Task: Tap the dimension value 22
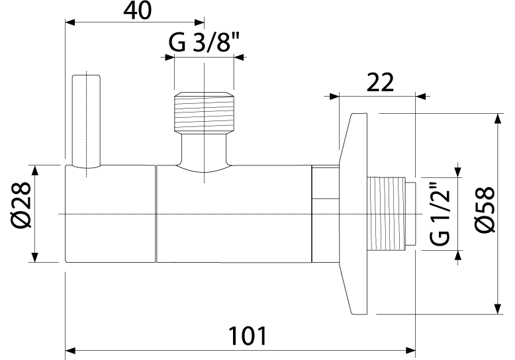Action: pyautogui.click(x=379, y=82)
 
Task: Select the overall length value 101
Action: pyautogui.click(x=248, y=336)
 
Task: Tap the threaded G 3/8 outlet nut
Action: pyautogui.click(x=204, y=110)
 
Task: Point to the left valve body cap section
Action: pyautogui.click(x=111, y=214)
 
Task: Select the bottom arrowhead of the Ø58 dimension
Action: pyautogui.click(x=496, y=309)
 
